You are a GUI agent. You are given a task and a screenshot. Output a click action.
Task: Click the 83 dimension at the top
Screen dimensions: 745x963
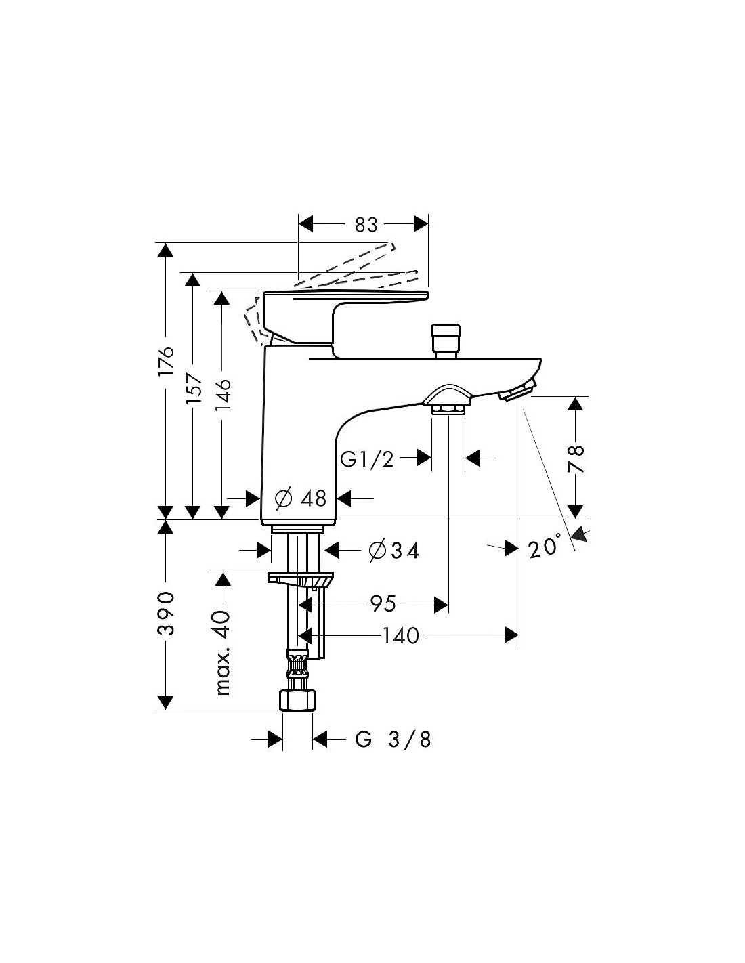point(366,225)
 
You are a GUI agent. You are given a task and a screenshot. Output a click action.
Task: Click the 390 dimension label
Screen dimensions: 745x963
point(166,613)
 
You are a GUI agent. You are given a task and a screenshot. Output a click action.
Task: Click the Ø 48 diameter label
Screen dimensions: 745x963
point(301,499)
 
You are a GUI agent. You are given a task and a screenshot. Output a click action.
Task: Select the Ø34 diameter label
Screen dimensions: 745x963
point(393,551)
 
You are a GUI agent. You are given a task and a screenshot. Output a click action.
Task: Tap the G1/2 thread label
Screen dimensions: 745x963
point(367,460)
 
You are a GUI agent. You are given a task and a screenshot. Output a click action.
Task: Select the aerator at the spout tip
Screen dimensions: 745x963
point(517,392)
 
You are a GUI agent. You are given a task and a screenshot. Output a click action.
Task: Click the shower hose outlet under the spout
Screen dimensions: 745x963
point(448,400)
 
